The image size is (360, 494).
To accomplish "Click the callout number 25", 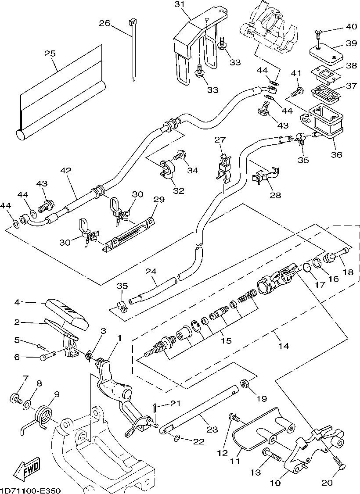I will (x=50, y=54).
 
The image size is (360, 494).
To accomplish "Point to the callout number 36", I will (x=337, y=155).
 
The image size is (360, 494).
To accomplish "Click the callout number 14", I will (x=283, y=346).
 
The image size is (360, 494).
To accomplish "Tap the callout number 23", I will (x=212, y=430).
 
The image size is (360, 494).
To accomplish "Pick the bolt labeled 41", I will (x=298, y=91).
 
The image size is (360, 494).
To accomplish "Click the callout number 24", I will (x=151, y=272).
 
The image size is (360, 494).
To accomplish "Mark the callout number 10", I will (x=275, y=483).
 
